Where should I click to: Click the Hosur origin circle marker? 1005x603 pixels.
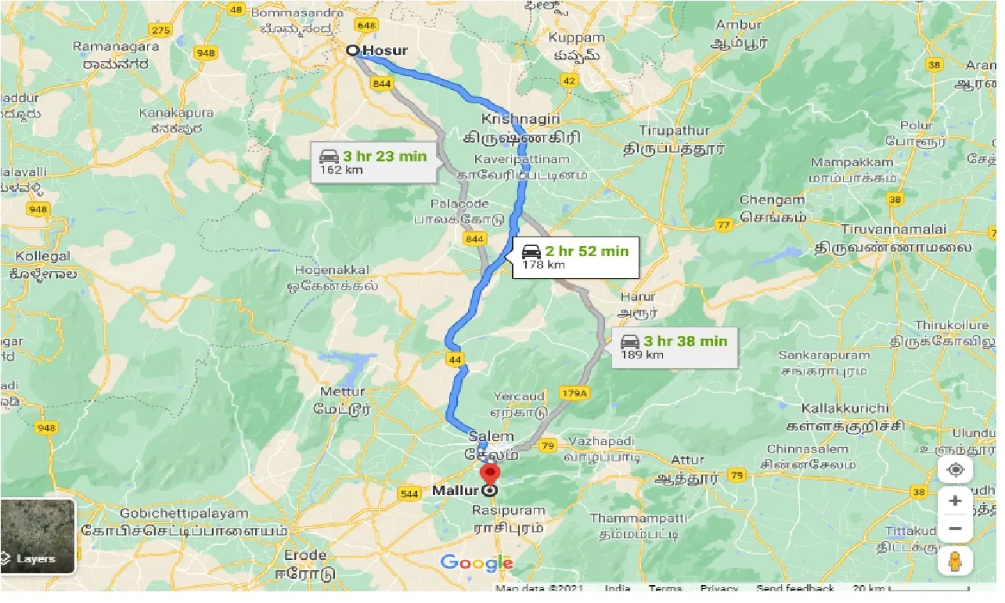[x=353, y=50]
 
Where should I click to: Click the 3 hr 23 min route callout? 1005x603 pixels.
[x=373, y=162]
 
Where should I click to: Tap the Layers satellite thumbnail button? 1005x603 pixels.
[x=38, y=536]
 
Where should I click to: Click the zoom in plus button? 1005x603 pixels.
[x=955, y=500]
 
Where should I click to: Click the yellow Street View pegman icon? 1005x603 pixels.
[x=955, y=561]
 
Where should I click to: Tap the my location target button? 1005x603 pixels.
[x=955, y=470]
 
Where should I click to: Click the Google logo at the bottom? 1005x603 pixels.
[x=476, y=562]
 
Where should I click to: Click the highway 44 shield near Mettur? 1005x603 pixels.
[x=454, y=359]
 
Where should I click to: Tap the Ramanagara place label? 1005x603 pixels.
[x=116, y=46]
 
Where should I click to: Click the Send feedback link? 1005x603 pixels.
[x=794, y=588]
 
